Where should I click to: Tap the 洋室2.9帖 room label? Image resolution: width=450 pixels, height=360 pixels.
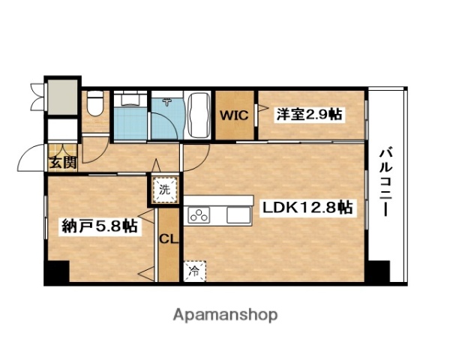(309, 115)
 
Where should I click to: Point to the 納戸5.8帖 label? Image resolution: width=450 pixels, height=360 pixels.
(100, 225)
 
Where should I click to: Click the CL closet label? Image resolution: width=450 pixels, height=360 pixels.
(168, 240)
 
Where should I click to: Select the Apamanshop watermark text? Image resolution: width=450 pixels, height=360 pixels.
(225, 314)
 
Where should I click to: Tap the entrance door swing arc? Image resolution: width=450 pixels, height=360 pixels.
(30, 157)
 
